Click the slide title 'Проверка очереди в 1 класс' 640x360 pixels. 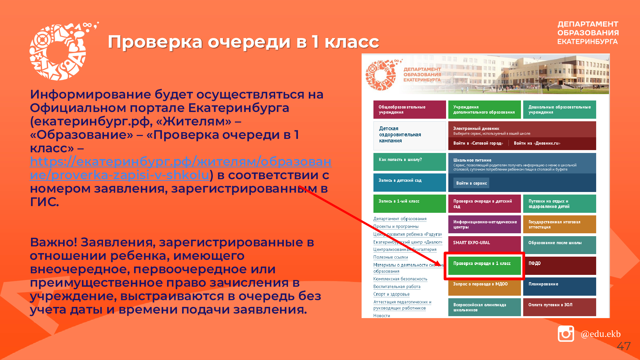243,42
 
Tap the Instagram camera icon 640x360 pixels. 566,333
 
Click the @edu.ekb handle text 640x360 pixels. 601,334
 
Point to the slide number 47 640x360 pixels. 624,346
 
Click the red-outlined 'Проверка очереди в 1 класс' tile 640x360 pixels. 484,266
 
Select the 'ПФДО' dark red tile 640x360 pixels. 559,266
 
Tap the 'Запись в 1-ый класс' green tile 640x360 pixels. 410,204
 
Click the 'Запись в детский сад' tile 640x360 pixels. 410,182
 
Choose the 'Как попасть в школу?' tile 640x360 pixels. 410,162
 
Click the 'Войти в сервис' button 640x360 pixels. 471,183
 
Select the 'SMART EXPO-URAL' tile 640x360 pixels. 484,245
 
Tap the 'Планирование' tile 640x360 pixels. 559,286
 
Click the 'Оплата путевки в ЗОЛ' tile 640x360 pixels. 559,307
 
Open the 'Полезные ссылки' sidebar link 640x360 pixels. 391,257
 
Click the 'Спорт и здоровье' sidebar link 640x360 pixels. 391,294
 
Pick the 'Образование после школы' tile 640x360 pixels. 559,245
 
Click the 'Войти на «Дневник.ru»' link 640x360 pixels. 537,143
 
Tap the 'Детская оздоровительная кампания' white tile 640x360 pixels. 410,136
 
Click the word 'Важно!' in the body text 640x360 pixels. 53,242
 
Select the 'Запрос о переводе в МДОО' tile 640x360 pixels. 484,286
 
